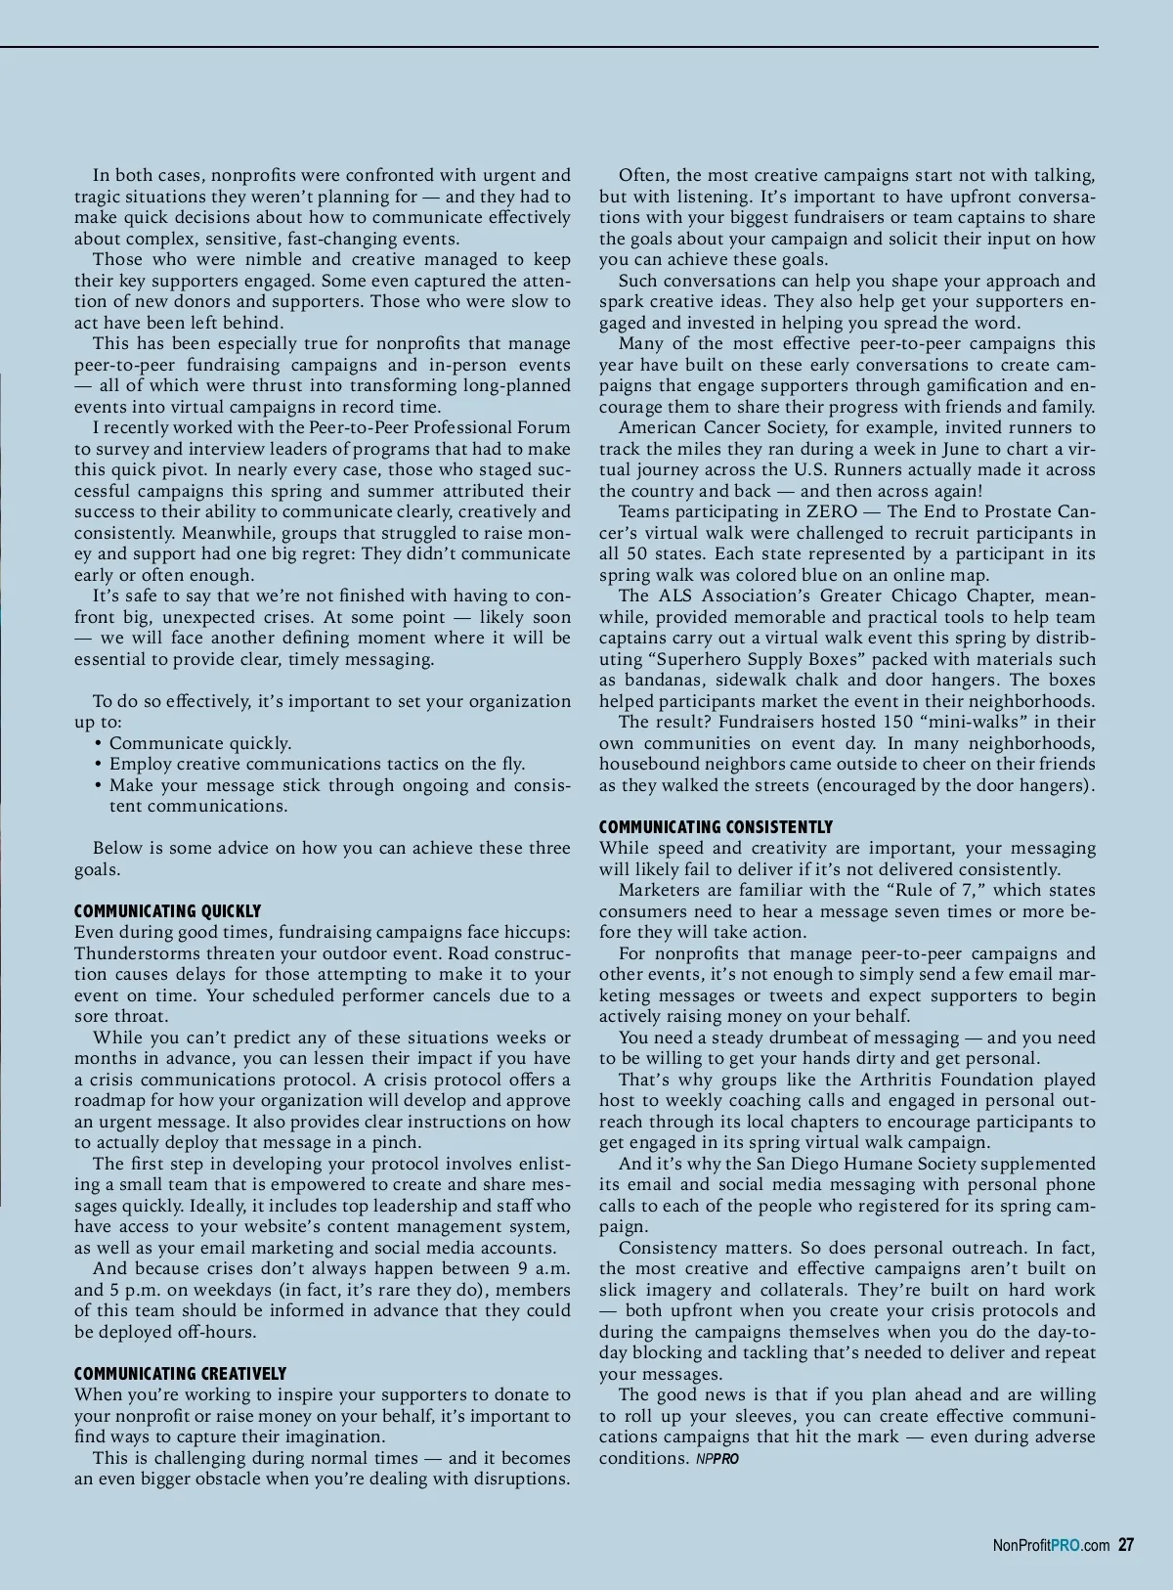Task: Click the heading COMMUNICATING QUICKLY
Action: tap(167, 911)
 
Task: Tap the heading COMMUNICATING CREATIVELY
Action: tap(180, 1374)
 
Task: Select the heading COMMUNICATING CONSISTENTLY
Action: tap(716, 827)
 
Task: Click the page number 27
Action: tap(1126, 1545)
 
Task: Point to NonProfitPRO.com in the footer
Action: tap(1051, 1546)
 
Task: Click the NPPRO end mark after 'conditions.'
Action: tap(717, 1459)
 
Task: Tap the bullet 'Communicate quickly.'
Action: tap(199, 743)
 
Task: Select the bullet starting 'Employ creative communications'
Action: tap(317, 764)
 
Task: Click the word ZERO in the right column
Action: tap(831, 511)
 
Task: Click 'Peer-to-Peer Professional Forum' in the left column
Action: tap(439, 427)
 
